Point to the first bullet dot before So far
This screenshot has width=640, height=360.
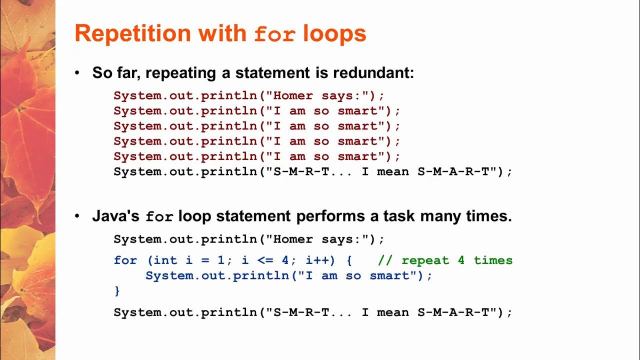77,73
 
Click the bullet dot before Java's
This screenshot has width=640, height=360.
77,216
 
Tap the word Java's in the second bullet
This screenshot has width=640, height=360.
116,216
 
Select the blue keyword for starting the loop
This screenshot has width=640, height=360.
125,260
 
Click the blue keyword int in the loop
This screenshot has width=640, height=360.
165,260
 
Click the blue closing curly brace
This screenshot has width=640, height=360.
117,291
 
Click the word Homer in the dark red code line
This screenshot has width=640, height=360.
293,95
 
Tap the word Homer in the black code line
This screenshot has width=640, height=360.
293,239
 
